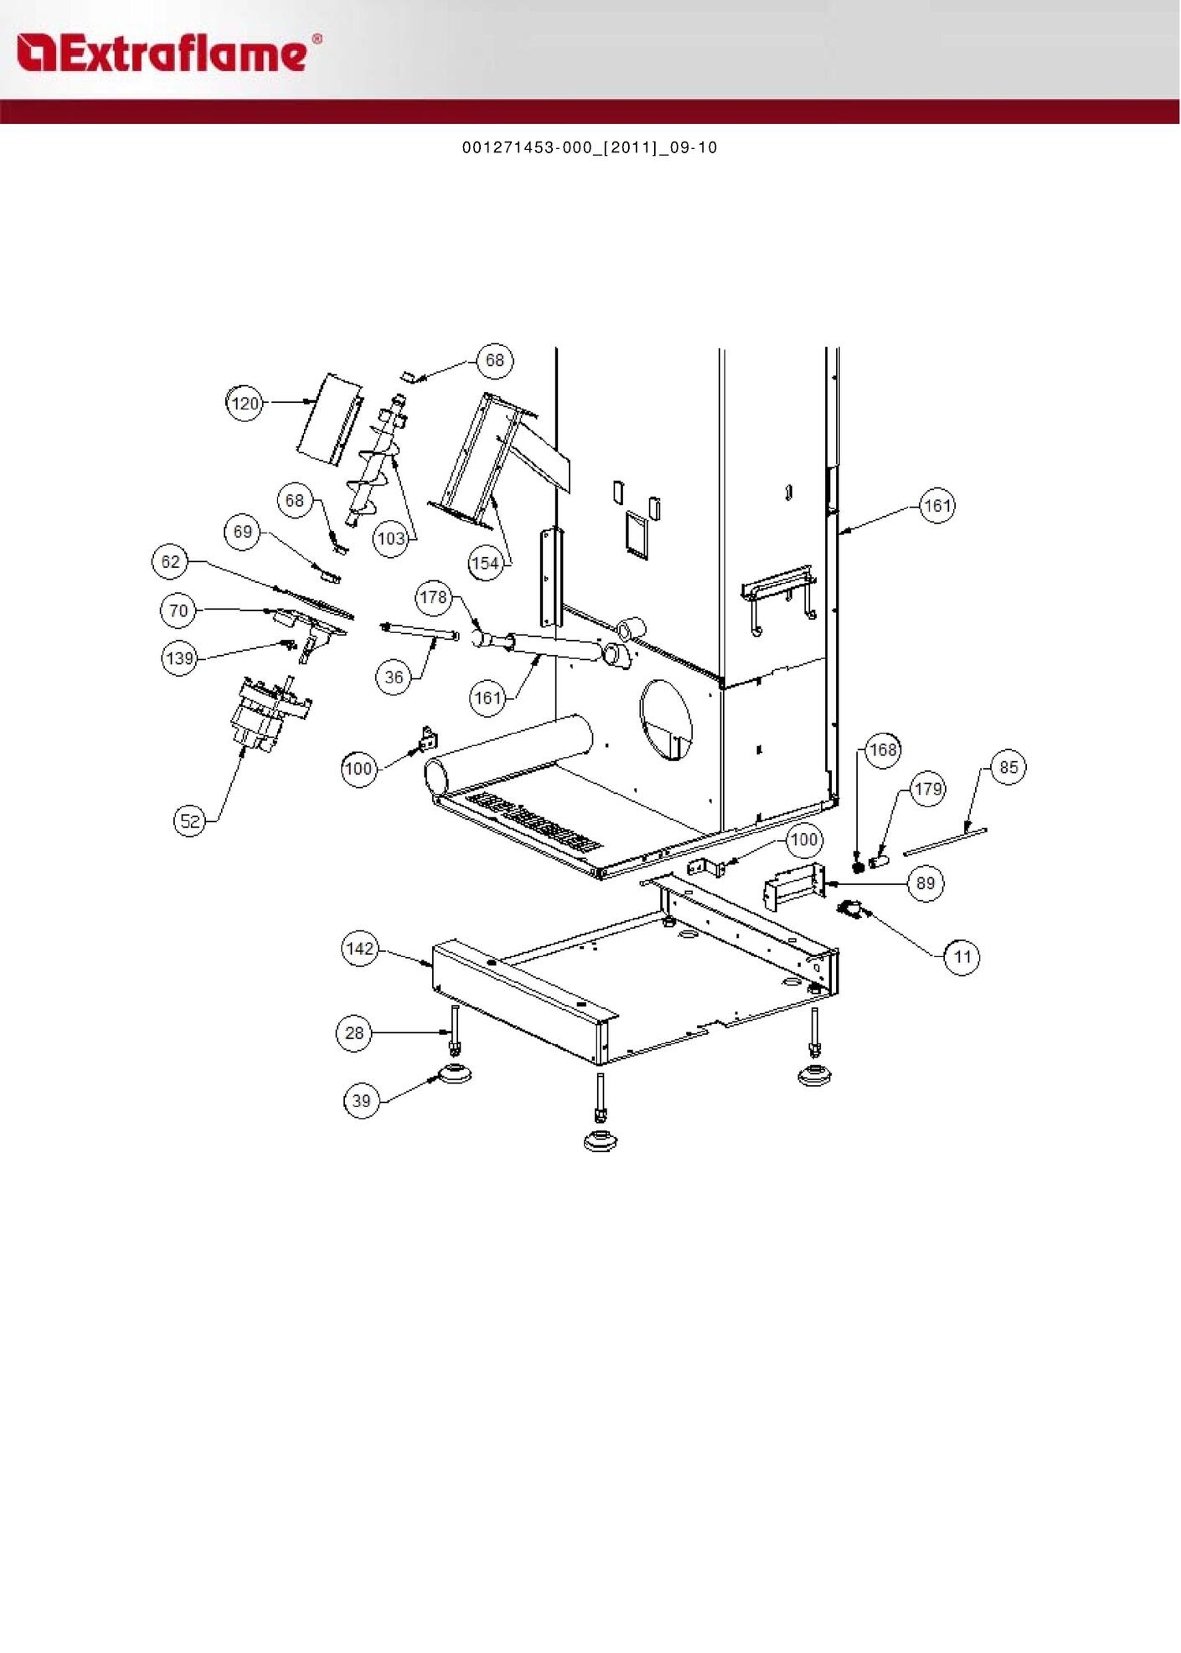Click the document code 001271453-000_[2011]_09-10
(590, 147)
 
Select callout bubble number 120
(245, 404)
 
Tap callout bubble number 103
(391, 538)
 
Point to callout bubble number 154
(486, 564)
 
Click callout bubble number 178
(433, 597)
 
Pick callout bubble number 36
(394, 677)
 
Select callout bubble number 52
(191, 821)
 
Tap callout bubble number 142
(360, 949)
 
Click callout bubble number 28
(354, 1032)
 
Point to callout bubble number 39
(361, 1100)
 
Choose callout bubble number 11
(962, 957)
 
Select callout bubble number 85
(1008, 767)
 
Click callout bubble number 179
(928, 789)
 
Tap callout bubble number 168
(883, 749)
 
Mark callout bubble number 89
(926, 883)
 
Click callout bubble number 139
(179, 658)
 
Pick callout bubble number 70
(178, 610)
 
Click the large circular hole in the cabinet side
(667, 719)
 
